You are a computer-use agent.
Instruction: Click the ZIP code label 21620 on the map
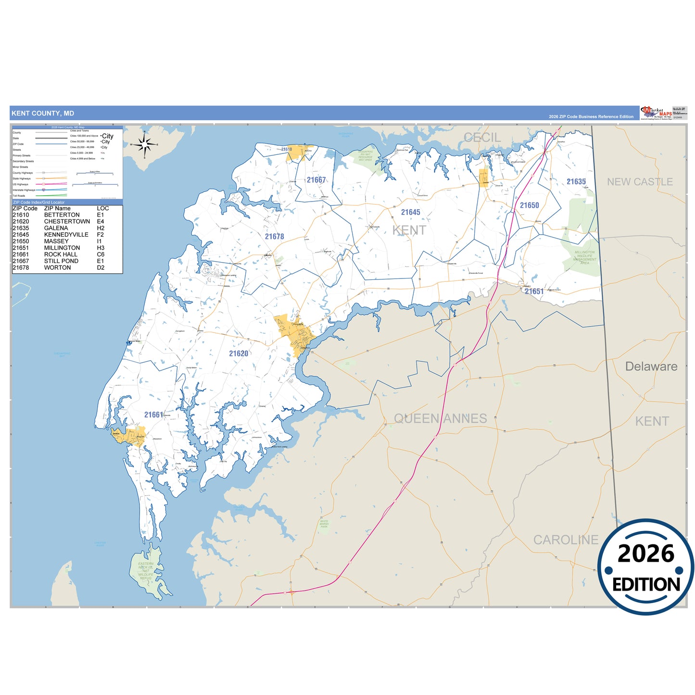click(x=239, y=354)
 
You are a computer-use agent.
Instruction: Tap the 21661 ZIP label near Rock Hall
click(x=153, y=415)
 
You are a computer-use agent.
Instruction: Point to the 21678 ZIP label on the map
click(x=274, y=237)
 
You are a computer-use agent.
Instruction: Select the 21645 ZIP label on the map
click(x=410, y=212)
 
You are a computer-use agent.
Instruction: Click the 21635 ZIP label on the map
click(x=576, y=182)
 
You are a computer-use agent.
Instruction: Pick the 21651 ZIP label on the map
click(x=534, y=291)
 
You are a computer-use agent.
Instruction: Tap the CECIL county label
click(x=482, y=138)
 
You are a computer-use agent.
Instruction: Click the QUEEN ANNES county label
click(x=441, y=418)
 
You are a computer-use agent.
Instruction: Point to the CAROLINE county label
click(x=566, y=540)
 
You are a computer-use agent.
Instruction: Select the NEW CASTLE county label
click(x=640, y=182)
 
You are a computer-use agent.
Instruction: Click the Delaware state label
click(x=651, y=366)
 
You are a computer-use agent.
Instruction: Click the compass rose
click(x=144, y=144)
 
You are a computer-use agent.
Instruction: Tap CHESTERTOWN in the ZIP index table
click(x=67, y=222)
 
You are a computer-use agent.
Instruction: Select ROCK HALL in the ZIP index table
click(x=61, y=254)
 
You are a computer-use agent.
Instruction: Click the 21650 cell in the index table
click(x=21, y=241)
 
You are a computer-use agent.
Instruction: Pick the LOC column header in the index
click(x=103, y=208)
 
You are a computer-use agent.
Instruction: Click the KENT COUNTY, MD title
click(x=43, y=114)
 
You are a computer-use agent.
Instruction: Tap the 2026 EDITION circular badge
click(x=645, y=567)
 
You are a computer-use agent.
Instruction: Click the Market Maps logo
click(x=656, y=113)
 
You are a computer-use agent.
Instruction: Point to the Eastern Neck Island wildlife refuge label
click(x=146, y=570)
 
